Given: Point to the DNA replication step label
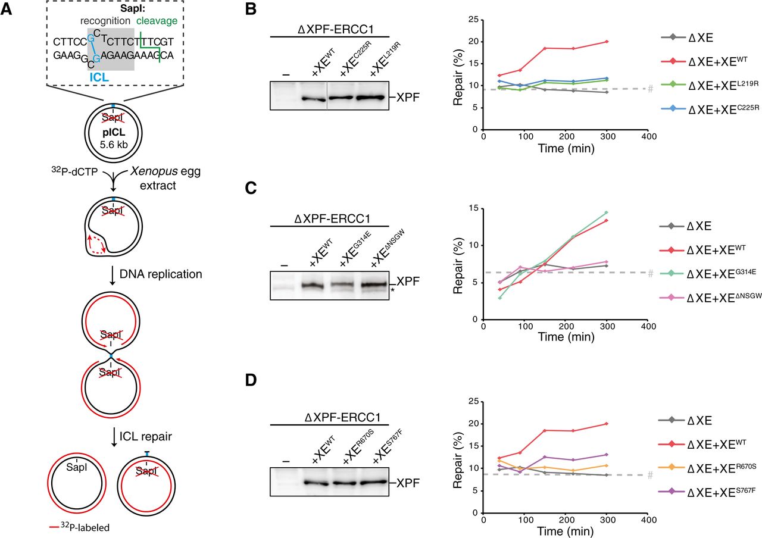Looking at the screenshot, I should pyautogui.click(x=163, y=274).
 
